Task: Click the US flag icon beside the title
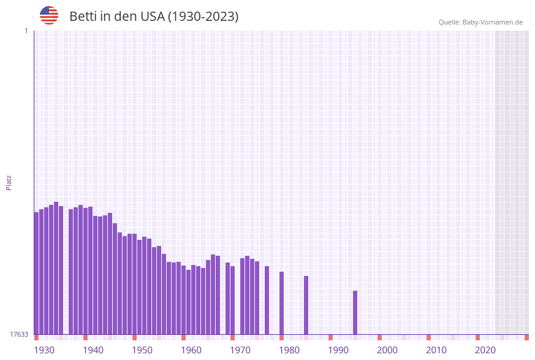(49, 16)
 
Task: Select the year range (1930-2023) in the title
(203, 17)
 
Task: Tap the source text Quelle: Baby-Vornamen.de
(480, 22)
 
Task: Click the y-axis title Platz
(9, 182)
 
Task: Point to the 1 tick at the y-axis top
(26, 31)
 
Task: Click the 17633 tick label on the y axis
(19, 334)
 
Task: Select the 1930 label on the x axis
(44, 350)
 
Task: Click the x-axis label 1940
(93, 350)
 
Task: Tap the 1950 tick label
(142, 350)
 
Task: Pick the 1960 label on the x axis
(191, 350)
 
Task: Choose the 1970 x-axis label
(240, 350)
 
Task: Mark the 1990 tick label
(338, 350)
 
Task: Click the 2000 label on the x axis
(387, 350)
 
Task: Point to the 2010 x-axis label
(436, 350)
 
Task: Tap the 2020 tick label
(485, 350)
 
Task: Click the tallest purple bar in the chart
(56, 268)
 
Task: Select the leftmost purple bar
(36, 273)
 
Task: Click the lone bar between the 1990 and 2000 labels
(355, 312)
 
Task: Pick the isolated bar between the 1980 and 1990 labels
(306, 305)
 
